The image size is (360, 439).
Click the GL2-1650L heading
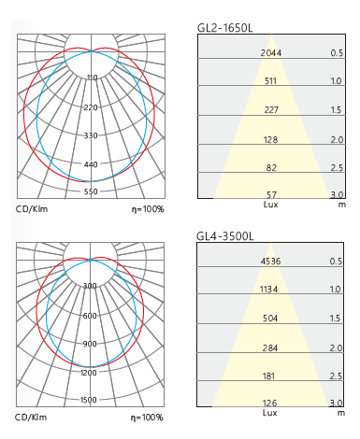[x=224, y=28]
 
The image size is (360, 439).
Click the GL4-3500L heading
[x=224, y=236]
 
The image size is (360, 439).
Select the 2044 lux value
[x=271, y=53]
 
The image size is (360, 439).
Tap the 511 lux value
[x=270, y=81]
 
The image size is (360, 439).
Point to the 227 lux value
[x=271, y=110]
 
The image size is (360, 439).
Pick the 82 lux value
[x=271, y=168]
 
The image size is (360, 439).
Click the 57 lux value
[x=271, y=195]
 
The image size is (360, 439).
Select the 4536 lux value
[x=270, y=261]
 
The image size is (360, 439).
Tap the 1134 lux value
[x=268, y=290]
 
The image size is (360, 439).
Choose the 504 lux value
[x=270, y=319]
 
